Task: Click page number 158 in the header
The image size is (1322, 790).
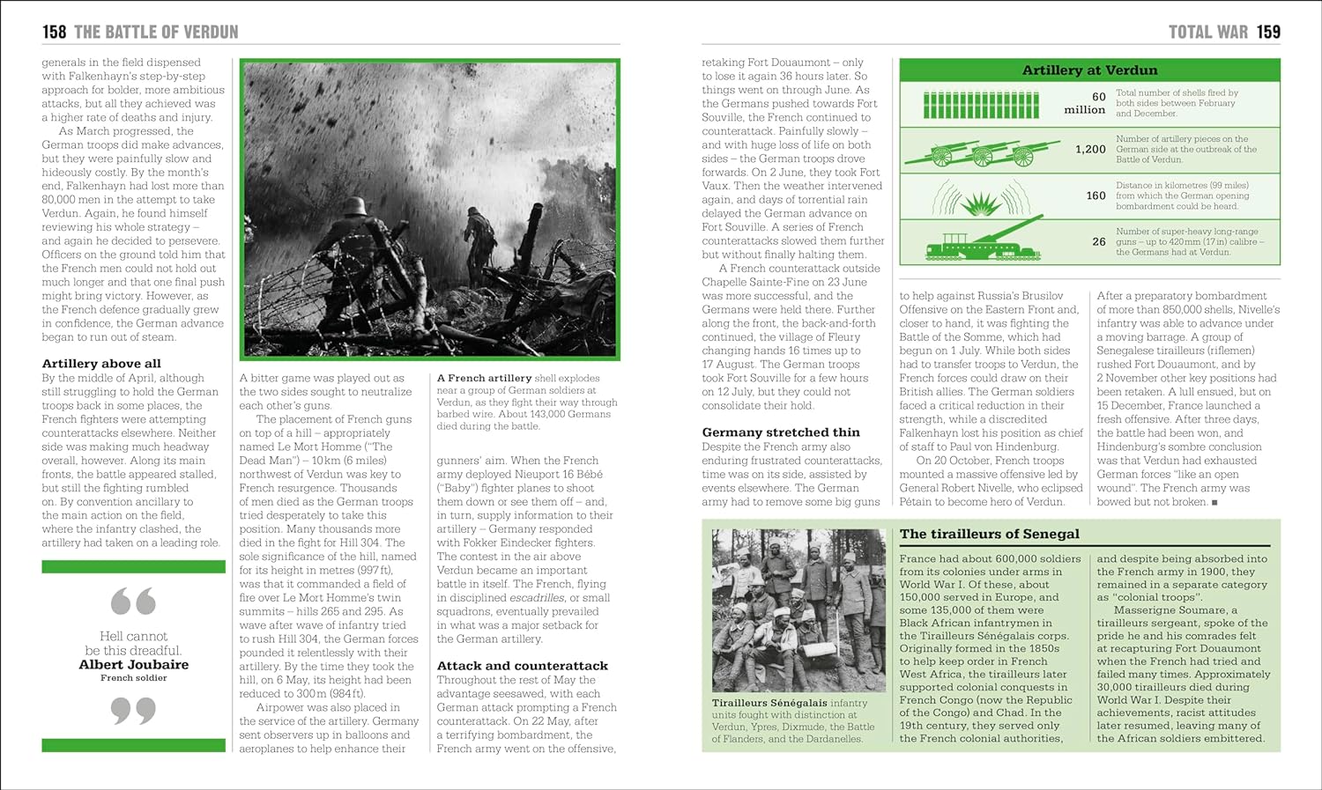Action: pos(55,33)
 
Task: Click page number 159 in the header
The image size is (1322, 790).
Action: pos(1268,33)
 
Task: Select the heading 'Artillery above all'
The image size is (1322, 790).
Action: pos(101,363)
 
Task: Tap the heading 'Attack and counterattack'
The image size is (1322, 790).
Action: pos(523,666)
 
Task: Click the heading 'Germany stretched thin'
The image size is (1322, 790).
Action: pos(781,432)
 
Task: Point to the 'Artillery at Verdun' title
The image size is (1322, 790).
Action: pos(1089,70)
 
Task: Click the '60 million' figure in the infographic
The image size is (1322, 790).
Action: pos(1086,103)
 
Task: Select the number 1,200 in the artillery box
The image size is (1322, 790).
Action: pos(1090,150)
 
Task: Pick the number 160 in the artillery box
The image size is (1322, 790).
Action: pos(1095,196)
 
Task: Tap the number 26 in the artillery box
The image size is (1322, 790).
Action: pos(1098,241)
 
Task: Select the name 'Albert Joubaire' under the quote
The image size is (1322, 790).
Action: pos(133,665)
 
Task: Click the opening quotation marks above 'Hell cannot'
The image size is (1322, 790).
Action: pos(133,602)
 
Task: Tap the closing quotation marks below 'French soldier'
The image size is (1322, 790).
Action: pos(133,710)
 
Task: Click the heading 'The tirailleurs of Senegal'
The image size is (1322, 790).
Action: pos(989,534)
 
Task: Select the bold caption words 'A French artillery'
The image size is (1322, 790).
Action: pos(484,378)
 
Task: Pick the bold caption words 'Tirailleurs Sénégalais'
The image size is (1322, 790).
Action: pos(769,703)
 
